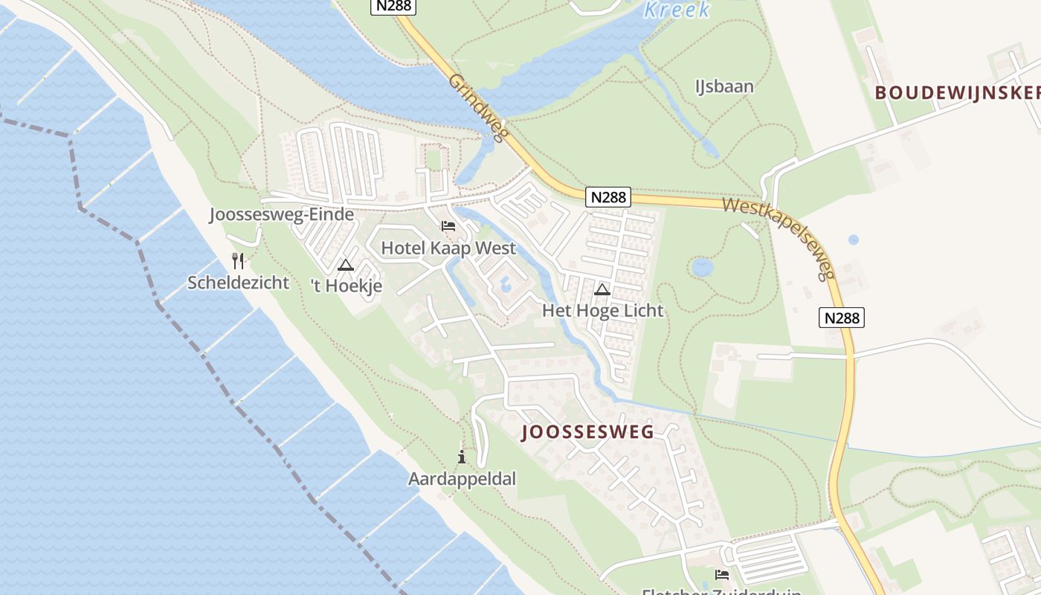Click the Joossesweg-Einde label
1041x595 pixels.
coord(281,215)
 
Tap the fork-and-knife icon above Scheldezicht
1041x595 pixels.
coord(238,261)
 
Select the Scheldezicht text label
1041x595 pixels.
coord(238,283)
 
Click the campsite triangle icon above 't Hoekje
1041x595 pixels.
coord(346,265)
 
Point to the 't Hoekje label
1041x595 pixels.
coord(346,286)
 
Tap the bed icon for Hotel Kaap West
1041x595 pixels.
coord(448,226)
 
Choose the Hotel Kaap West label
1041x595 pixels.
coord(448,248)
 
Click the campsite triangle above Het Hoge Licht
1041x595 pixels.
coord(602,289)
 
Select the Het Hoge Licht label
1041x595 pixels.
coord(602,310)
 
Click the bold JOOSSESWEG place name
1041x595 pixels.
coord(588,432)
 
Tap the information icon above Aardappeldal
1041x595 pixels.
coord(462,457)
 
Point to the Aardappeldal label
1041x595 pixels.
coord(462,478)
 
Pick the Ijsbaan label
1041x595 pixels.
coord(724,86)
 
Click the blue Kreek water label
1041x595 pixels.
coord(677,10)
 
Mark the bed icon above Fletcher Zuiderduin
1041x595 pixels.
coord(721,575)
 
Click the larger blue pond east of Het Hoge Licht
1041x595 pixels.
coord(702,266)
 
